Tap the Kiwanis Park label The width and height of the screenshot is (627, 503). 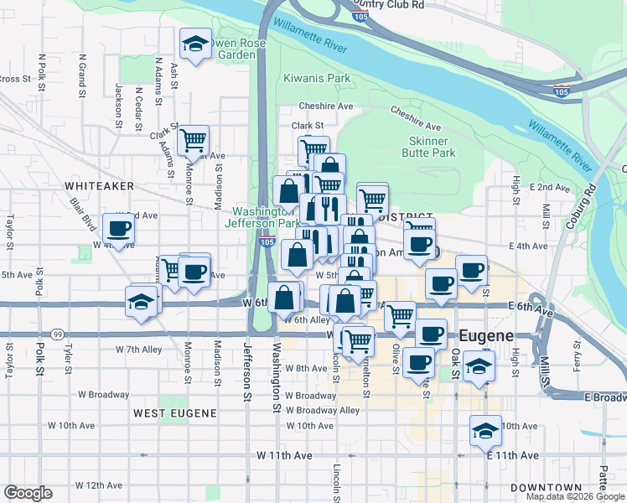[x=317, y=79]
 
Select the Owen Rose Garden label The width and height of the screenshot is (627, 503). [x=237, y=49]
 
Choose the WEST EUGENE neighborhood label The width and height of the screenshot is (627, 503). [x=174, y=413]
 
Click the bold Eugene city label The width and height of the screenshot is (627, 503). [x=486, y=336]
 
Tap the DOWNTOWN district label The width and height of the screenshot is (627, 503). [x=547, y=488]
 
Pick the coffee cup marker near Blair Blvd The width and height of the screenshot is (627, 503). [x=118, y=228]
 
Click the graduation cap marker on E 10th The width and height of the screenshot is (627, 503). [x=485, y=430]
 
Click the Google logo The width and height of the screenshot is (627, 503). [x=28, y=493]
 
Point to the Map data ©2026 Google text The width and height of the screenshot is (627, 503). [x=574, y=496]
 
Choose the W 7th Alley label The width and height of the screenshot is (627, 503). [x=139, y=349]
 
